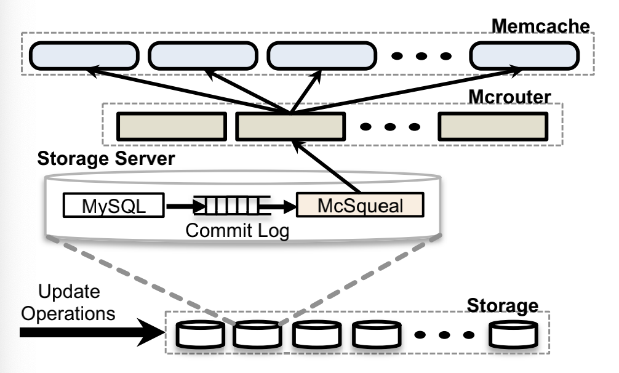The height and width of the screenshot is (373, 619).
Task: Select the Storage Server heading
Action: pos(106,158)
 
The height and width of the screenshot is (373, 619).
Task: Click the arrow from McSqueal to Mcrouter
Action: pos(326,169)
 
